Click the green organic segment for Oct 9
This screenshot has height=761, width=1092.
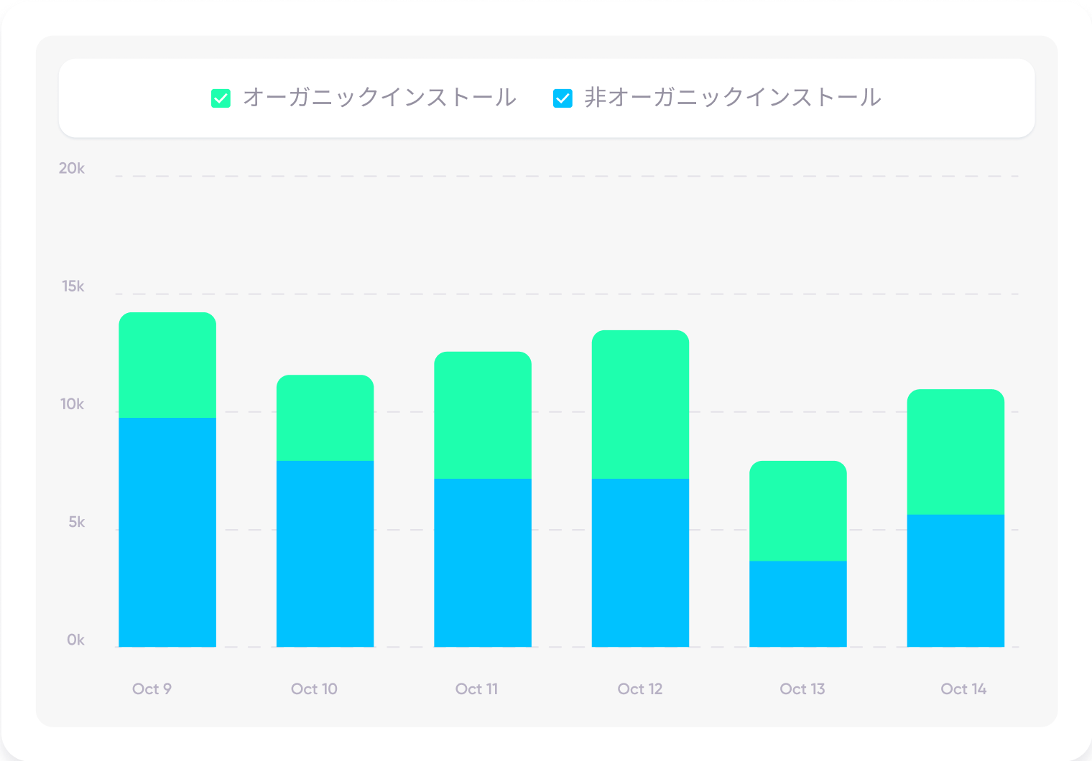(x=167, y=365)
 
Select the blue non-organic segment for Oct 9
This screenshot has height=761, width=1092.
(x=167, y=532)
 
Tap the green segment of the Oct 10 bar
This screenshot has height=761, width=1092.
(x=325, y=418)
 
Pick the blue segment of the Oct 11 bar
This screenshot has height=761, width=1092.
(x=483, y=563)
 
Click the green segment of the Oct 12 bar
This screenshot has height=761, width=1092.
(x=640, y=404)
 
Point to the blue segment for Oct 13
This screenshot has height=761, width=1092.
(x=797, y=604)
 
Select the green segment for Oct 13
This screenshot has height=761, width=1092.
(x=797, y=510)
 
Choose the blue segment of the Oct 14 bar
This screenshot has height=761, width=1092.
(x=955, y=581)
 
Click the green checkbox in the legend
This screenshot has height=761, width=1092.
(x=221, y=98)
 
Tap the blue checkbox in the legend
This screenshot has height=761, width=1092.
(x=563, y=98)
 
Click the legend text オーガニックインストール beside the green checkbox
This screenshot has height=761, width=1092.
(x=379, y=98)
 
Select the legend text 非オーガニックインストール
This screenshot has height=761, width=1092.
(x=732, y=98)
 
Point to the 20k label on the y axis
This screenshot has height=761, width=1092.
(x=72, y=168)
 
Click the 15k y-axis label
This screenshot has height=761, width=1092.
(x=73, y=286)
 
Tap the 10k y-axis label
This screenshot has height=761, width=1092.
(x=73, y=404)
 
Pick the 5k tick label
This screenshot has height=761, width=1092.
(x=76, y=522)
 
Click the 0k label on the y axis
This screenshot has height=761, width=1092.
(x=75, y=640)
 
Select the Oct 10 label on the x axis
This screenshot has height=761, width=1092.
(x=314, y=689)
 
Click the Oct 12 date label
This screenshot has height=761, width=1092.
(x=640, y=689)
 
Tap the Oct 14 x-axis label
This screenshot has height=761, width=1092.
(x=963, y=689)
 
